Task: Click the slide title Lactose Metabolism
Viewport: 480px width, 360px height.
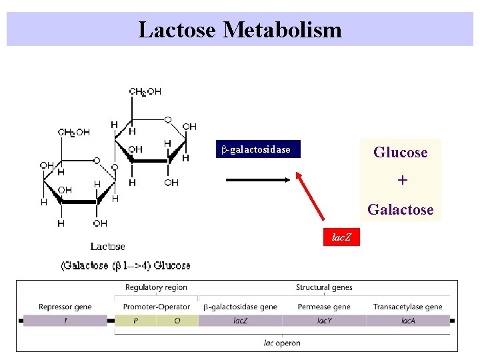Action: click(240, 30)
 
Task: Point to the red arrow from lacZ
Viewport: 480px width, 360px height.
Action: click(311, 197)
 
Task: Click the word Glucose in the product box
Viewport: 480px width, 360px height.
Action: click(400, 153)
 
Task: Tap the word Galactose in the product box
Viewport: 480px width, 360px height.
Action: click(400, 210)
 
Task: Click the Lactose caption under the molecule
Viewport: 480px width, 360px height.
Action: click(108, 247)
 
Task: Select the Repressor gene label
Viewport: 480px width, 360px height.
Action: click(65, 307)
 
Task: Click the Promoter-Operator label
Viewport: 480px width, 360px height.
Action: click(157, 307)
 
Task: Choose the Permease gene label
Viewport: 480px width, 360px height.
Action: click(323, 307)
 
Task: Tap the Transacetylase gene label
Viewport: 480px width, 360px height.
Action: click(408, 307)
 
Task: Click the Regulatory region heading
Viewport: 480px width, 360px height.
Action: click(156, 287)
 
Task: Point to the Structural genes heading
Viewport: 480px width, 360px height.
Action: click(324, 287)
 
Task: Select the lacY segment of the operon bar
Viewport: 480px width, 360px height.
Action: click(324, 321)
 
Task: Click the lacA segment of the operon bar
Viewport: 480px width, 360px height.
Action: click(408, 321)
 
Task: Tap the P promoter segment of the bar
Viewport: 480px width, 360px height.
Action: click(136, 321)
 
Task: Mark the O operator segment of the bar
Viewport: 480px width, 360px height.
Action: click(177, 321)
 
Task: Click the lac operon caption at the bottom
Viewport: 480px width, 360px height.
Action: click(282, 343)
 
